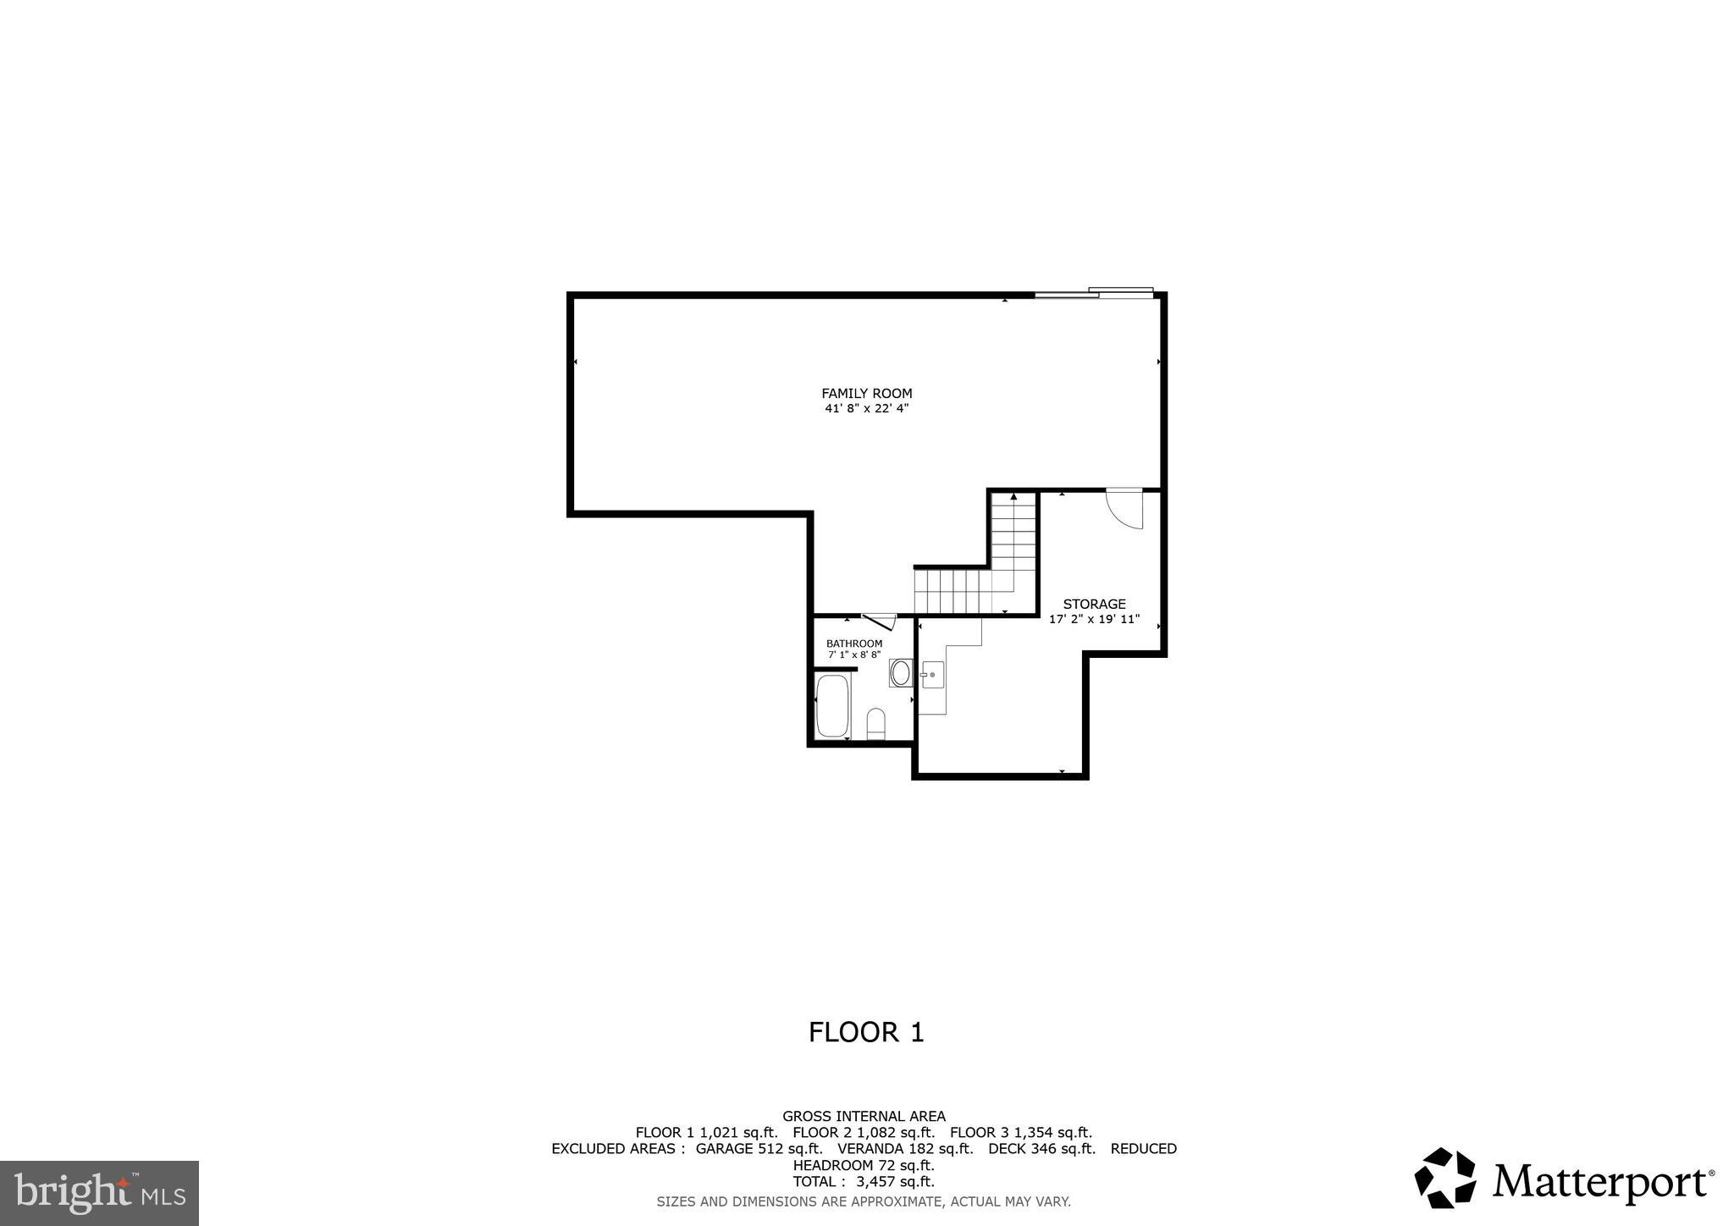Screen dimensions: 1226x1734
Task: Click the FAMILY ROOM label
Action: click(866, 393)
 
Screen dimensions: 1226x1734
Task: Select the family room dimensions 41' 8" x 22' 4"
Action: click(866, 408)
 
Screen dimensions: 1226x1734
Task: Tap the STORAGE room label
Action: click(1094, 604)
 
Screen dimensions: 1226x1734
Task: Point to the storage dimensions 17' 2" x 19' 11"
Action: click(1094, 619)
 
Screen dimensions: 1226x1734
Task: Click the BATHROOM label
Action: click(853, 643)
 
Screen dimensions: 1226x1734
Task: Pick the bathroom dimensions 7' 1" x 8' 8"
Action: click(853, 654)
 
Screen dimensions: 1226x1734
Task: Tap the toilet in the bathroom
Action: click(875, 724)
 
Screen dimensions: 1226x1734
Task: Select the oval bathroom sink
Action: click(900, 674)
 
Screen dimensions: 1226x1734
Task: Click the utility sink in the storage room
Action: click(932, 675)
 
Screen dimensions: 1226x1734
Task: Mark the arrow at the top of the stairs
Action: click(1013, 497)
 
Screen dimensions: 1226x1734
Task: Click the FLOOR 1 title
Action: click(866, 1032)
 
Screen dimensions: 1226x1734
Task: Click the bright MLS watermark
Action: click(99, 1193)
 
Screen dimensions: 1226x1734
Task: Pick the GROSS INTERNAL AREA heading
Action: click(864, 1116)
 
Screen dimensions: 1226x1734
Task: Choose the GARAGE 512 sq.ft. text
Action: click(759, 1148)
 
